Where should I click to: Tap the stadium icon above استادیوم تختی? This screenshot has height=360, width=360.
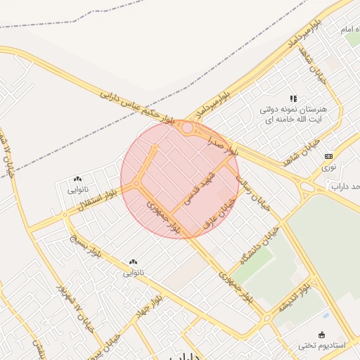point(322,335)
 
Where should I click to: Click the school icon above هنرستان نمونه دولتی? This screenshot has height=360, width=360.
point(293,98)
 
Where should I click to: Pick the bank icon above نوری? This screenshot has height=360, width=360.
point(328,156)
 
